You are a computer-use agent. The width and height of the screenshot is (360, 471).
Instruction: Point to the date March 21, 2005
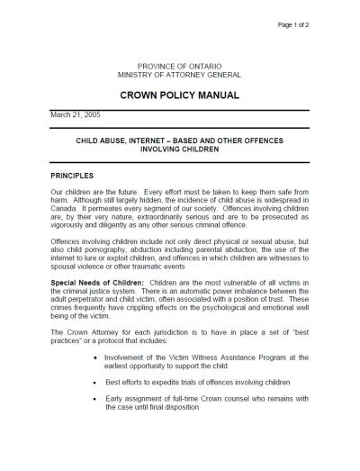pos(72,116)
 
